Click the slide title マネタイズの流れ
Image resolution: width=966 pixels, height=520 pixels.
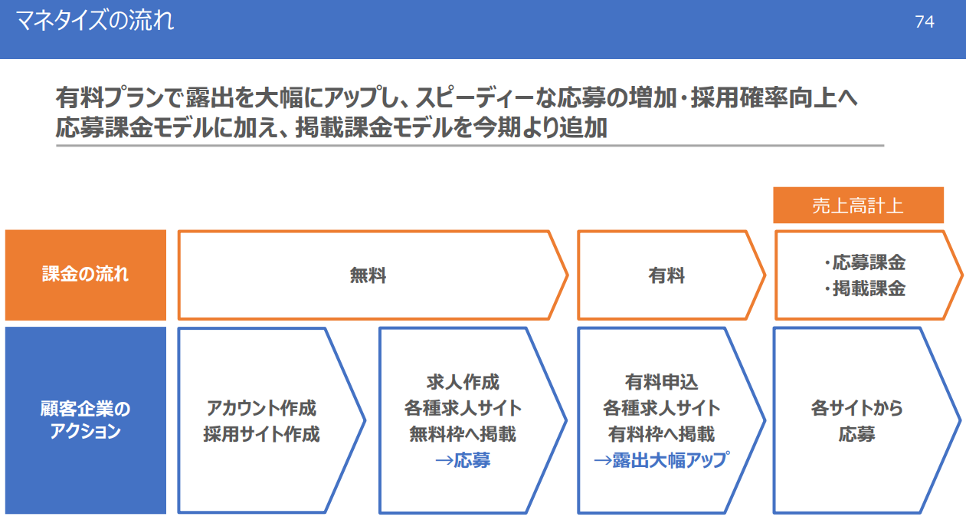(94, 21)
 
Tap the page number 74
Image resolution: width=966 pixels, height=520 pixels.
(925, 21)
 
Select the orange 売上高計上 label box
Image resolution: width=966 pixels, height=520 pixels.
(858, 205)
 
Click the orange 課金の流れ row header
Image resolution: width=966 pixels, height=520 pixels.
(85, 275)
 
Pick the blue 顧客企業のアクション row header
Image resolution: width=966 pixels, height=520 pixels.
(85, 420)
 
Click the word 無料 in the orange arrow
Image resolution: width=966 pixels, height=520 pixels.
(368, 275)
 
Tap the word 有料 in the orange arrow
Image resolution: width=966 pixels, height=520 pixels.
(666, 275)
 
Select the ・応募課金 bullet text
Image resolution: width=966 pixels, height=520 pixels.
(864, 262)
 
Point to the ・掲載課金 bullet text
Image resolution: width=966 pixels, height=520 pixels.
(864, 288)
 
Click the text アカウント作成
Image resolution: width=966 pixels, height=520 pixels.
(261, 408)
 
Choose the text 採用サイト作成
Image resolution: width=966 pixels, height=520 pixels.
(261, 434)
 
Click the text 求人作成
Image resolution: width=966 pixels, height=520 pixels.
(463, 382)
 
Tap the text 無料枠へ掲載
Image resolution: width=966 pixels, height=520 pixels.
(463, 434)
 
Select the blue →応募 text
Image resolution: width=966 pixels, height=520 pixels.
(463, 460)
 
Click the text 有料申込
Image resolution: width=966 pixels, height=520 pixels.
(662, 382)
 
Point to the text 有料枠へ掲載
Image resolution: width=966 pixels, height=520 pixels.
(662, 434)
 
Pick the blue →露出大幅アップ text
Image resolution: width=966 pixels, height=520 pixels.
(662, 460)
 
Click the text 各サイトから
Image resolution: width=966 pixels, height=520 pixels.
(857, 408)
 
